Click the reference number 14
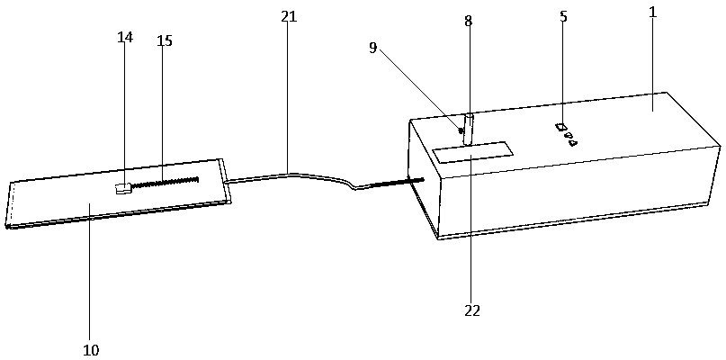[x=124, y=37]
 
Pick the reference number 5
[x=563, y=17]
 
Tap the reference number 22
[x=472, y=311]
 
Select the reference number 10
[x=91, y=349]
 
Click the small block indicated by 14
[x=123, y=188]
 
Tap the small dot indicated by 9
[x=462, y=131]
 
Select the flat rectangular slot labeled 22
[x=472, y=151]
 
